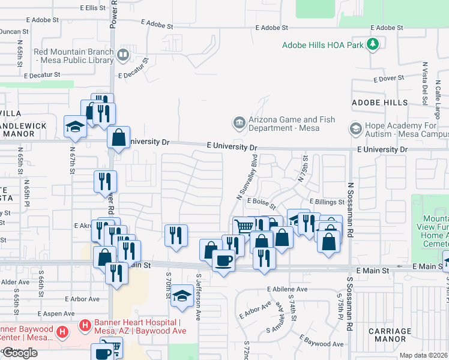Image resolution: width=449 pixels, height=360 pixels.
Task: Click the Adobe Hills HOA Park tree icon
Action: [x=373, y=44]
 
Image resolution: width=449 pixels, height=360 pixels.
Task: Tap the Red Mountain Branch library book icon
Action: [x=123, y=55]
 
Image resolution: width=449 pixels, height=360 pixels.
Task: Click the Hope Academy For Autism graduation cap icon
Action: [x=355, y=129]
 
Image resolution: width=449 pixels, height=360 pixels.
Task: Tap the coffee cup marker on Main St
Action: [x=223, y=260]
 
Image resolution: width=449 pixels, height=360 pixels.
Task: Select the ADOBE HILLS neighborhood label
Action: [x=379, y=103]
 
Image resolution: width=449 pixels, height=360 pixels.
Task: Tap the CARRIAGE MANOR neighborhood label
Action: [x=390, y=335]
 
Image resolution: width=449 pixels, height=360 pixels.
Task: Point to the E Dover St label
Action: [x=388, y=79]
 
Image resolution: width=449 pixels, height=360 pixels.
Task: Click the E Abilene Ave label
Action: [x=288, y=289]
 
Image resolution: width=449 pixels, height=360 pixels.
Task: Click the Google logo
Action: [x=20, y=353]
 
